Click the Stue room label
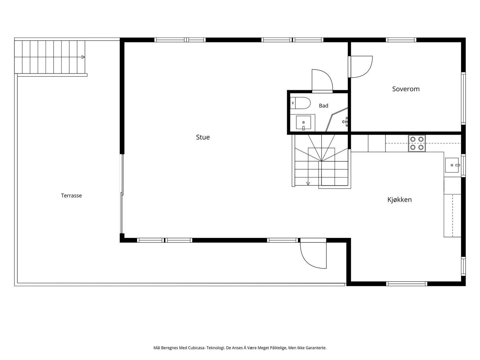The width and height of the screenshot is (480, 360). click(x=203, y=137)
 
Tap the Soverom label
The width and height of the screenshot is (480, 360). click(x=406, y=89)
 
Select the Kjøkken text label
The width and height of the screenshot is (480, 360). click(x=400, y=199)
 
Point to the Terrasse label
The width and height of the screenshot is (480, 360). click(x=71, y=195)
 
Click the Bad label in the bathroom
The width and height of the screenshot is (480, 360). click(x=323, y=106)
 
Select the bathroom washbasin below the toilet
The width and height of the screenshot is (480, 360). click(x=303, y=123)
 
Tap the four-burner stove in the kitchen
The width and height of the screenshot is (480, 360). click(x=417, y=143)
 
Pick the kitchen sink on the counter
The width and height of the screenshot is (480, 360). click(x=452, y=165)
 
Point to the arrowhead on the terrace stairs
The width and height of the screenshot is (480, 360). click(x=83, y=57)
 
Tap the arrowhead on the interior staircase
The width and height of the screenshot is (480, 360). click(x=308, y=184)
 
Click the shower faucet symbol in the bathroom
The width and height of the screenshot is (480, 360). click(x=345, y=122)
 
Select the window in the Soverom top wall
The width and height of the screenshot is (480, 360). click(x=401, y=40)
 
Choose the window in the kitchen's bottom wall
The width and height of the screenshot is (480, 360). click(x=406, y=284)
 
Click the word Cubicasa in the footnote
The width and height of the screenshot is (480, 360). click(x=196, y=348)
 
